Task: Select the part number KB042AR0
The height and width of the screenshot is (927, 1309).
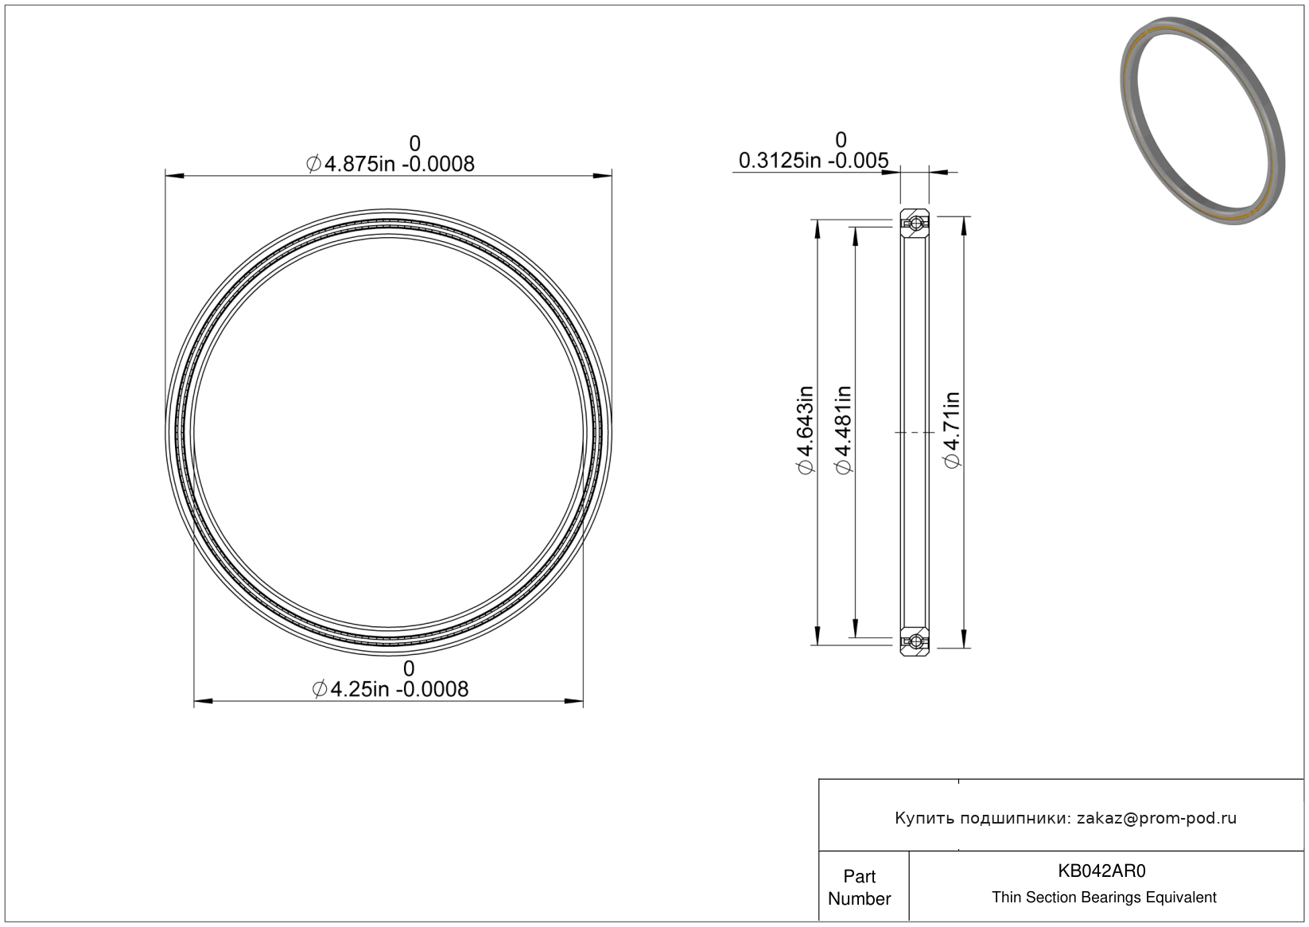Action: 1101,871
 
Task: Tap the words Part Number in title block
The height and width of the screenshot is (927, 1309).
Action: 859,887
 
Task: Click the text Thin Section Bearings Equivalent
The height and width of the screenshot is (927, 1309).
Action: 1104,898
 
